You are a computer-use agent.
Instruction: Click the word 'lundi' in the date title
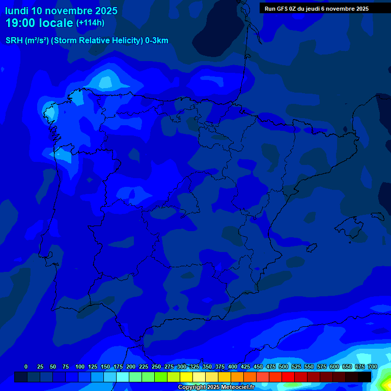coord(16,11)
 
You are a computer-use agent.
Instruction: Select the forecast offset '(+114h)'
coord(90,22)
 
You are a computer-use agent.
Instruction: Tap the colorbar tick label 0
coord(26,367)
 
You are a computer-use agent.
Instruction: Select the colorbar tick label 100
coord(79,367)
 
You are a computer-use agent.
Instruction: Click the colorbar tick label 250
coord(156,367)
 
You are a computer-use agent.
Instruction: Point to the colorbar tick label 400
coord(232,367)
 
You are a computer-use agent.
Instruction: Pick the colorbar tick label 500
coord(283,367)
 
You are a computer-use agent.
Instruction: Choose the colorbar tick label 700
coord(372,367)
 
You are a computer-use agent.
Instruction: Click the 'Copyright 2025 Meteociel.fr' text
coord(216,387)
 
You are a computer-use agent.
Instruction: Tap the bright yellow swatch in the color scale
coord(186,377)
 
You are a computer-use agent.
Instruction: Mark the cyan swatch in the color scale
coord(123,377)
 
